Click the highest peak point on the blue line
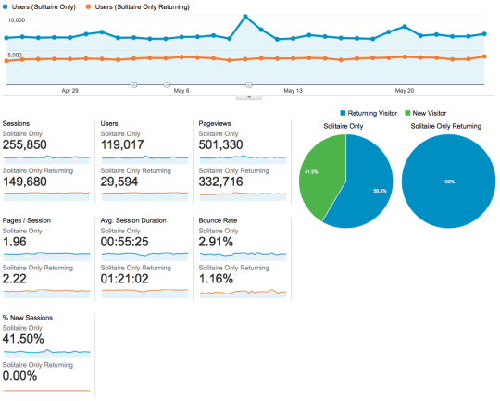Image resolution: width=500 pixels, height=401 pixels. tap(245, 17)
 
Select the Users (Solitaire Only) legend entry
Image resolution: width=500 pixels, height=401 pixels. tap(39, 7)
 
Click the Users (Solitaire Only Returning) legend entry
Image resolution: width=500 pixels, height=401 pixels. tap(137, 7)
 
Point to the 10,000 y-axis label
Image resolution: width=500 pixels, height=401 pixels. tap(17, 20)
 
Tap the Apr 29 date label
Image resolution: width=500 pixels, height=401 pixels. tap(69, 91)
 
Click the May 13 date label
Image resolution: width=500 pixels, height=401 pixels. tap(293, 91)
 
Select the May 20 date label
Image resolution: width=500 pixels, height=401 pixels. tap(405, 91)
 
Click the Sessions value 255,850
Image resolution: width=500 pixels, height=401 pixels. tap(25, 144)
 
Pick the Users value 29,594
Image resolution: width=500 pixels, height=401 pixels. tap(119, 182)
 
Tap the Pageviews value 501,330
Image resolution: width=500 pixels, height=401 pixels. tap(220, 144)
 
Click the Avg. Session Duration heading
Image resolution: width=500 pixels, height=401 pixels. tap(133, 220)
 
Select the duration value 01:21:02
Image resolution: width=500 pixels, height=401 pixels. tap(124, 279)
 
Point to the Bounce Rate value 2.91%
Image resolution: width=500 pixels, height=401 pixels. tap(216, 242)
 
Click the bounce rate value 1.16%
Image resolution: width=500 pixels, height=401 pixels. tap(216, 279)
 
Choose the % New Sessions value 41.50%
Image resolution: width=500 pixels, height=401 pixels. tap(23, 339)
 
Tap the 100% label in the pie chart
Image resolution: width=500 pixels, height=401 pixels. tap(448, 182)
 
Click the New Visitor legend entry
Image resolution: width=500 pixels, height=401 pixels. tap(425, 113)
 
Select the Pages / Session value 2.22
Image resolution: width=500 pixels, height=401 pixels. tap(14, 279)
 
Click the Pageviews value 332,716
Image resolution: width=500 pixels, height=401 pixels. tap(220, 182)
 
